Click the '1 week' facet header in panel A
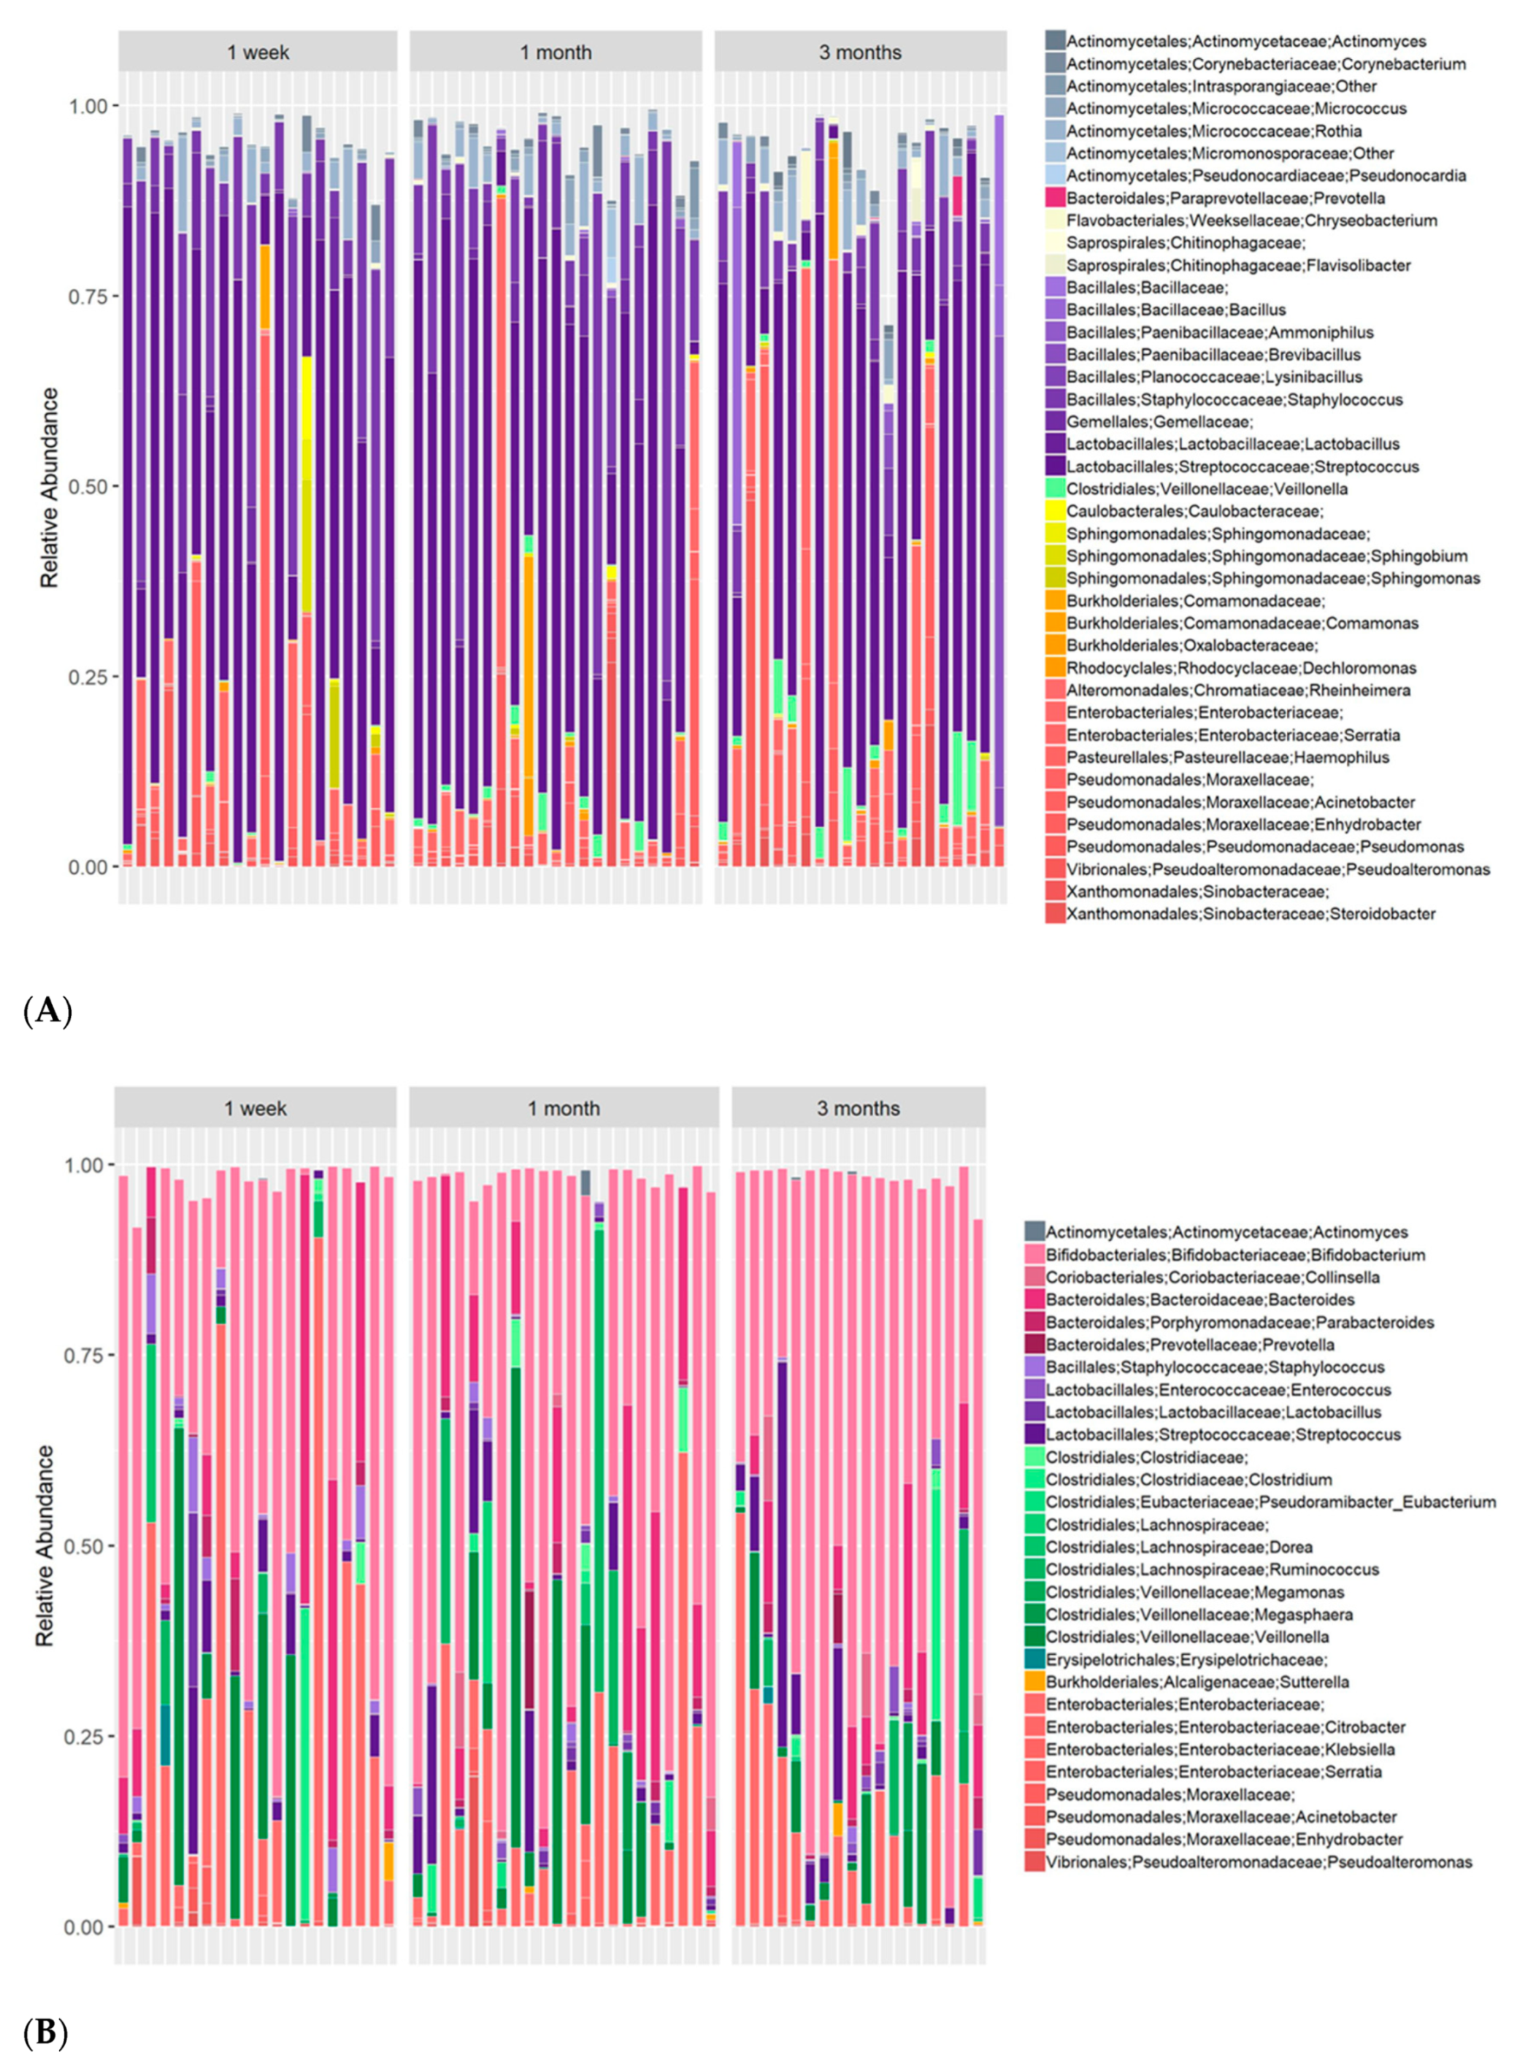point(258,53)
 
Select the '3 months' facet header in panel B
point(859,1108)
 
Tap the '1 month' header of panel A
point(556,53)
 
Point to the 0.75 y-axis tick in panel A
point(90,296)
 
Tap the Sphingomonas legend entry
point(1272,579)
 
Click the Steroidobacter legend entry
point(1251,914)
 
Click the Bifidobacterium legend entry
point(1235,1254)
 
